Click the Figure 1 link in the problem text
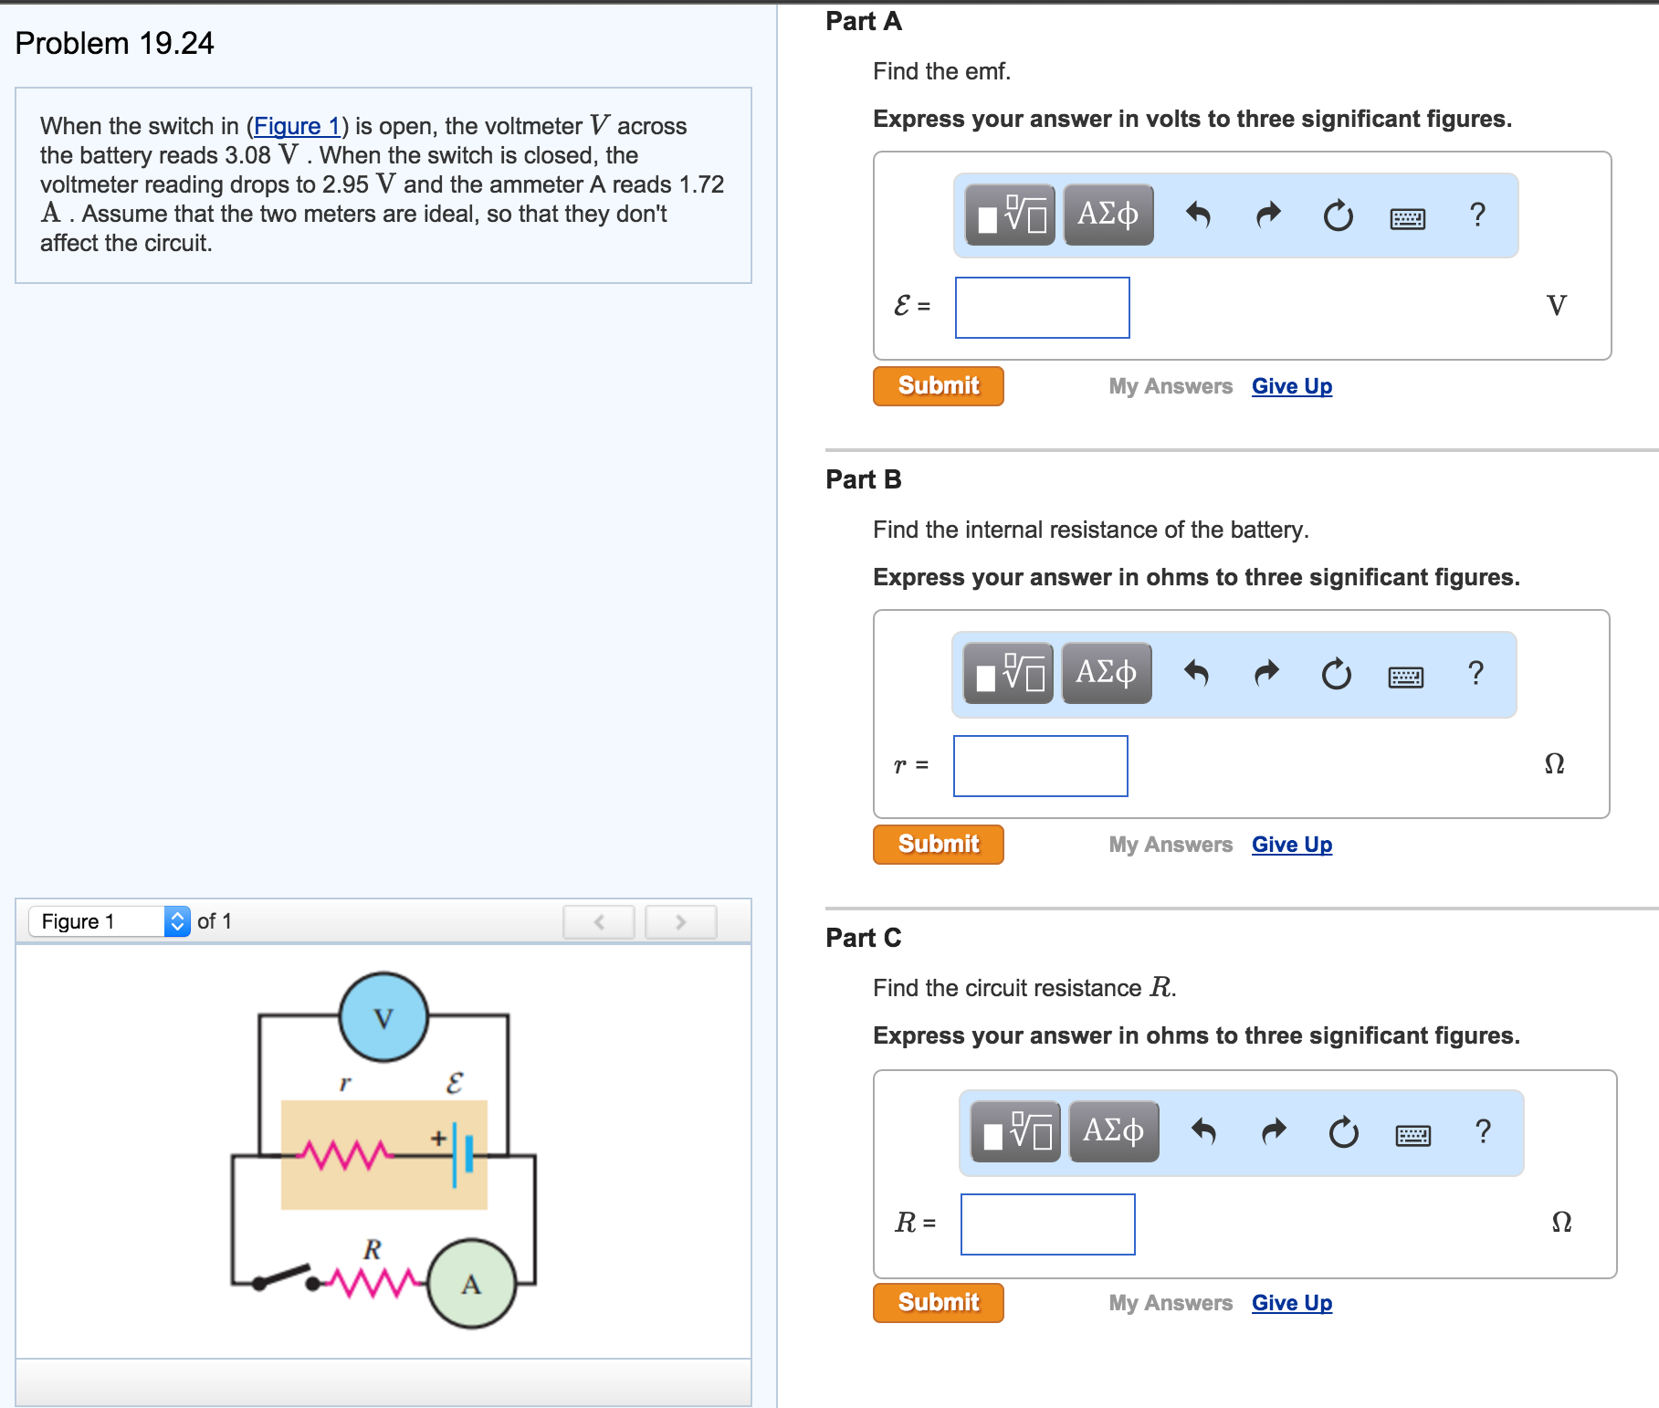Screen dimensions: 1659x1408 [x=297, y=126]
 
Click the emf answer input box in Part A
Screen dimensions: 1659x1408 [x=1042, y=308]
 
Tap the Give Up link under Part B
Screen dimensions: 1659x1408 [x=1291, y=845]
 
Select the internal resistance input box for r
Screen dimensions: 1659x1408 [x=1040, y=766]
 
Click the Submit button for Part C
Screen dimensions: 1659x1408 [x=938, y=1303]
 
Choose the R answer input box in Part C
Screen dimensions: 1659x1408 [x=1047, y=1224]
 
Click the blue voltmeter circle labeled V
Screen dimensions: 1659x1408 [x=383, y=1017]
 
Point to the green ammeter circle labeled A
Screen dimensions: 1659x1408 [x=471, y=1284]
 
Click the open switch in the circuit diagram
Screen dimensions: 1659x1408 [x=285, y=1276]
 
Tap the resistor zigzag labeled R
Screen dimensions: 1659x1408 [x=372, y=1282]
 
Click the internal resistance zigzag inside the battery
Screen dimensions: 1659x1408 [x=344, y=1155]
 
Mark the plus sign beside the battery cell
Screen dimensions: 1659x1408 [x=439, y=1138]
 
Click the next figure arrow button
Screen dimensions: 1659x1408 [x=680, y=922]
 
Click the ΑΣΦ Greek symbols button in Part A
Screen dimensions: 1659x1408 [x=1108, y=215]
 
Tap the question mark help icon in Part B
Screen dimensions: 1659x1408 [x=1475, y=673]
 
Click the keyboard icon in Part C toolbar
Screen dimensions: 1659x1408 [x=1412, y=1135]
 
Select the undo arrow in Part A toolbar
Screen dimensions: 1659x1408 [x=1198, y=215]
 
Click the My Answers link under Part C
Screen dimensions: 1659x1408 [x=1171, y=1303]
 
